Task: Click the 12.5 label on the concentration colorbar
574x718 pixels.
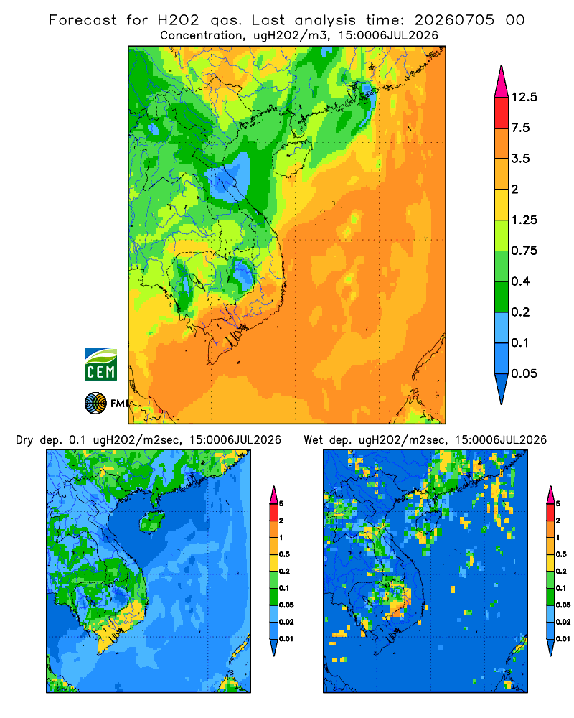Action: click(524, 97)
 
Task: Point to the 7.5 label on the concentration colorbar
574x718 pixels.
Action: click(520, 128)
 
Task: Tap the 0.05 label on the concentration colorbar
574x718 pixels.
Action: click(524, 373)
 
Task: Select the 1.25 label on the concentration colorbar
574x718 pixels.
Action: click(524, 220)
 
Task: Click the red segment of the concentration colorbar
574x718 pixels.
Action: click(502, 113)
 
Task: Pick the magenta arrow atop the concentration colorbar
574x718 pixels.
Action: click(502, 82)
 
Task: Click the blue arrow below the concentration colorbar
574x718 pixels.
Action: click(502, 388)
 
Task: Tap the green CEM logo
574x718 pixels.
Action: click(100, 365)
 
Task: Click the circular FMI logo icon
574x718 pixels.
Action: click(95, 404)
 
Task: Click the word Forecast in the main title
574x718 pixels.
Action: click(83, 20)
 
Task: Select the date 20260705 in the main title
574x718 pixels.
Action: click(454, 20)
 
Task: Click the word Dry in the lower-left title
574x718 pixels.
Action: click(24, 441)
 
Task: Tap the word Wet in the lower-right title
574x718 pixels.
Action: click(313, 440)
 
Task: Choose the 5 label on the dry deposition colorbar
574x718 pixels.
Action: click(281, 504)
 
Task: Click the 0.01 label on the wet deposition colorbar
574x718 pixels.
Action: click(563, 639)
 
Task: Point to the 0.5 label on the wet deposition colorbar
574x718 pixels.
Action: click(561, 554)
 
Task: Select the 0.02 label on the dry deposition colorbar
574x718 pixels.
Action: click(286, 622)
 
